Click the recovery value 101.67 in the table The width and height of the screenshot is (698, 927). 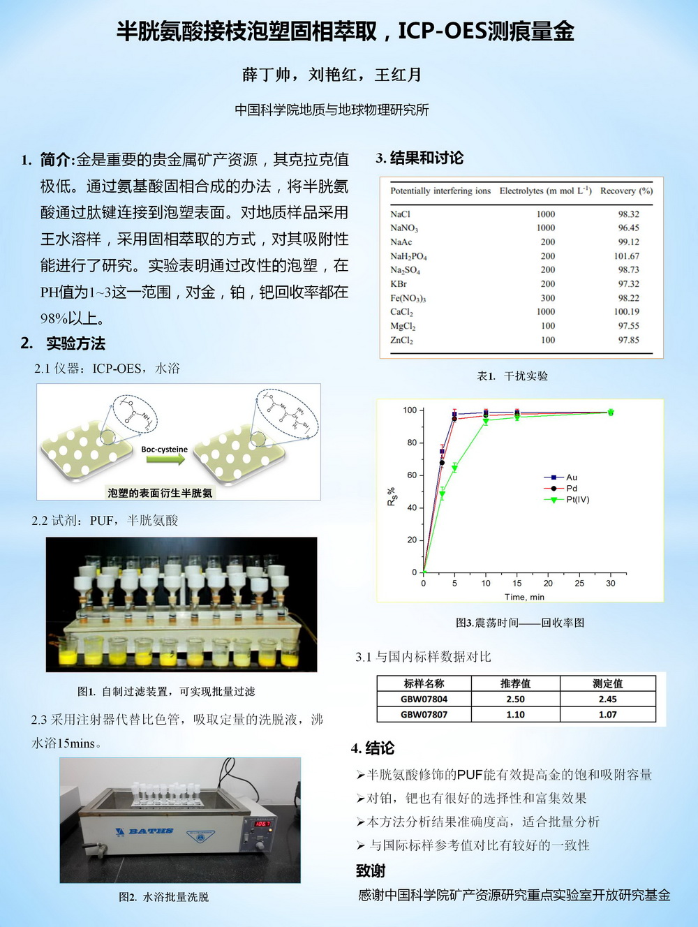626,256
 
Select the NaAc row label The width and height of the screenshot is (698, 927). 401,242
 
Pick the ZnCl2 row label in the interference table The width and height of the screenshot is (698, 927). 401,341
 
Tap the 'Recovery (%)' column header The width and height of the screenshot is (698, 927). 626,191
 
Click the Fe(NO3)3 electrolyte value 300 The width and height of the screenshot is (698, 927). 548,298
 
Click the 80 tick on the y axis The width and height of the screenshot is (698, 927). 412,443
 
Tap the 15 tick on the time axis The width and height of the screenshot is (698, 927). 517,584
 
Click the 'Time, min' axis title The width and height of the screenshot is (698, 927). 524,598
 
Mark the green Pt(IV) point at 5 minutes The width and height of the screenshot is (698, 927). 454,468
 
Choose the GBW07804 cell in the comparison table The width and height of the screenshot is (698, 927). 424,699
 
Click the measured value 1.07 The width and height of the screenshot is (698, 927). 607,715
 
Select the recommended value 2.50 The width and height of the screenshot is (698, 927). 515,699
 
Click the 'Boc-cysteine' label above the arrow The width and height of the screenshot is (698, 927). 164,450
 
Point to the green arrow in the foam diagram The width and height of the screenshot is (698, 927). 165,459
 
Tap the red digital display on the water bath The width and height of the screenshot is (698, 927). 262,824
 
